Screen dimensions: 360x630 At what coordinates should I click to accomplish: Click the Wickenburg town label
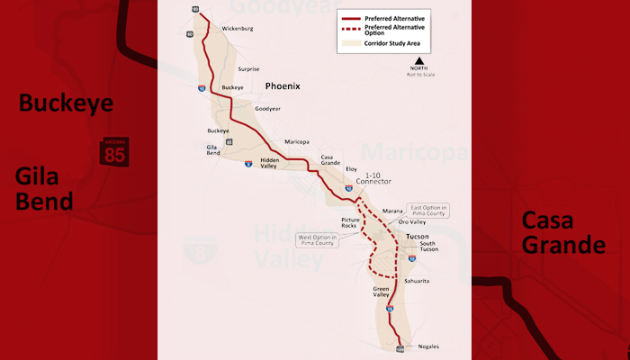click(x=238, y=29)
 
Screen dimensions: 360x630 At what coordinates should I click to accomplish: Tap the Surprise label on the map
click(x=248, y=69)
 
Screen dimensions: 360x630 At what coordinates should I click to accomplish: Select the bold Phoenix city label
click(x=283, y=86)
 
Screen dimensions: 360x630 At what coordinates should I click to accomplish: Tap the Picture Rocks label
click(x=350, y=222)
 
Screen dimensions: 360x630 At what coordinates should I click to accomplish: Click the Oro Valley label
click(x=412, y=221)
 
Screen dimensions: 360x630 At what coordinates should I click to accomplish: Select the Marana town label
click(x=392, y=211)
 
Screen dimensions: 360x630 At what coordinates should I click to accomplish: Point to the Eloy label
click(x=351, y=168)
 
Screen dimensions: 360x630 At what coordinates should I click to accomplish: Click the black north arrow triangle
click(x=418, y=60)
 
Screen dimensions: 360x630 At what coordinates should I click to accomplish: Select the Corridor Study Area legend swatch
click(x=349, y=43)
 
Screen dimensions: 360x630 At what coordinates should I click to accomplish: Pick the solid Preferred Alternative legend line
click(x=349, y=18)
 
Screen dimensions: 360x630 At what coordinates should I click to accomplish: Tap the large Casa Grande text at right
click(x=563, y=232)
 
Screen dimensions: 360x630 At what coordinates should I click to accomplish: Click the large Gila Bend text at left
click(x=43, y=187)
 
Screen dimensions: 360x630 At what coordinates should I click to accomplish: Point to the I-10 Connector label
click(x=373, y=177)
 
